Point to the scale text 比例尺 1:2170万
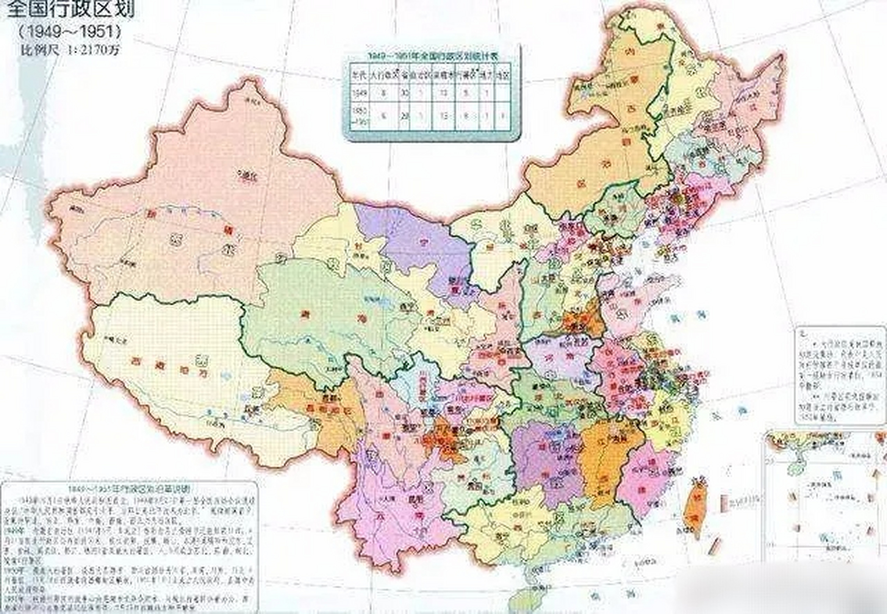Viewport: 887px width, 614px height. tap(69, 50)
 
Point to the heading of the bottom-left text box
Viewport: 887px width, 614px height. tap(130, 488)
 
